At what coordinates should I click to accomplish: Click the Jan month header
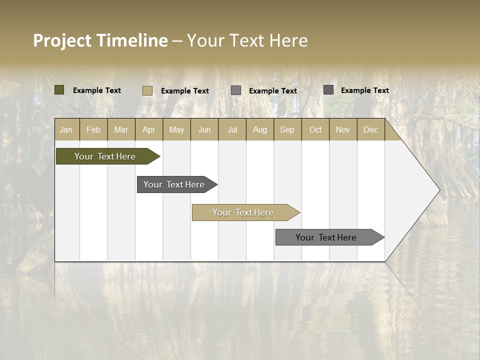66,129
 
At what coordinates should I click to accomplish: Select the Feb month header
93,129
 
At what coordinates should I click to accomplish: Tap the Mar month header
121,129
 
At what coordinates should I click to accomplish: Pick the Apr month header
149,129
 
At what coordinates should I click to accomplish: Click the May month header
176,129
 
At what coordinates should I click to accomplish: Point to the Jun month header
204,129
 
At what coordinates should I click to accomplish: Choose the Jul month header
232,129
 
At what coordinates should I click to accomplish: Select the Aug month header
260,129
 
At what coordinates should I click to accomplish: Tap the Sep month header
287,129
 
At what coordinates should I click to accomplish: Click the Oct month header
315,129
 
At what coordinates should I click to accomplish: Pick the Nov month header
343,129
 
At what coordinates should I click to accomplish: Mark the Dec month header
370,129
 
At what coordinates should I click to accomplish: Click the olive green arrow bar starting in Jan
105,156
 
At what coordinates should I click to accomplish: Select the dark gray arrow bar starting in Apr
174,184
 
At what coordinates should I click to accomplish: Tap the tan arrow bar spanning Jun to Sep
243,212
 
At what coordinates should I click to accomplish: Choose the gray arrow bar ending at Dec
326,237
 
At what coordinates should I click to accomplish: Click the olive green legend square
59,90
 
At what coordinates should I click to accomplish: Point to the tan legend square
147,90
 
